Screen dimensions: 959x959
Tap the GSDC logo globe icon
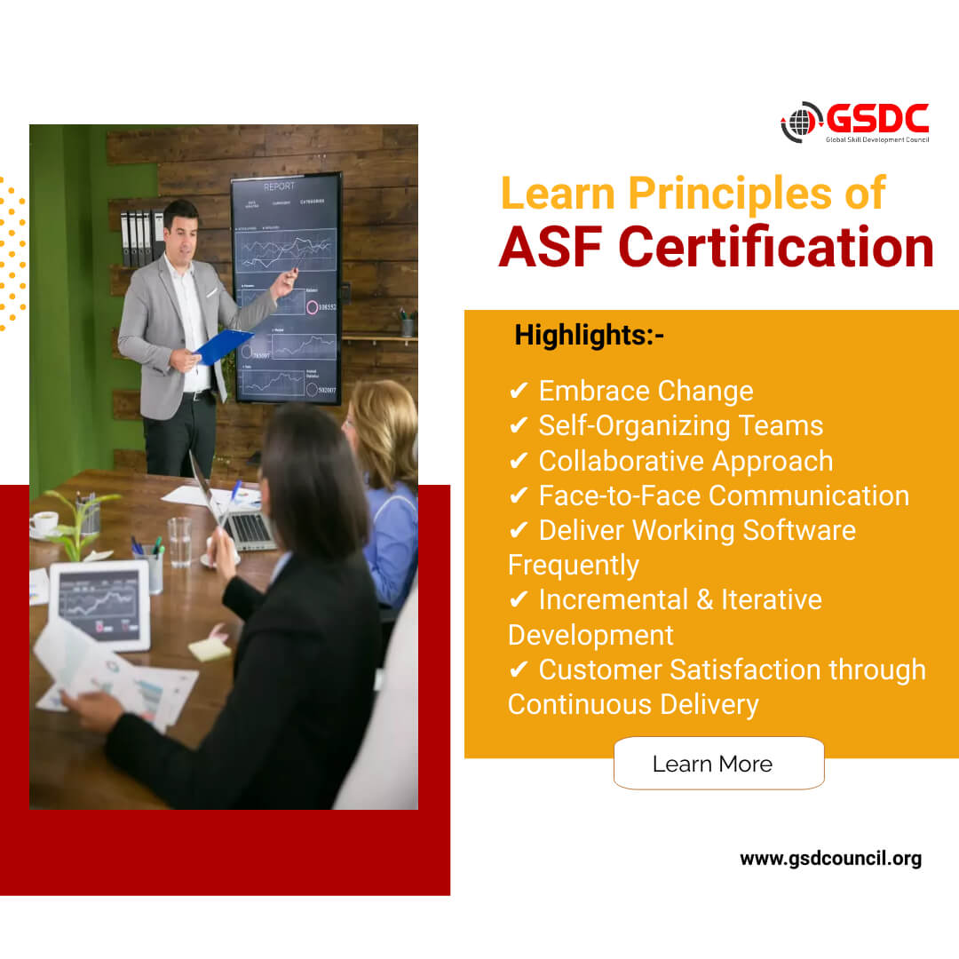[802, 123]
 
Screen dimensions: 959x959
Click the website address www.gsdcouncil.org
[830, 859]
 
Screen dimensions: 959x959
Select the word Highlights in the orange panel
[582, 336]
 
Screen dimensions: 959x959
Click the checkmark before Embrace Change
[519, 391]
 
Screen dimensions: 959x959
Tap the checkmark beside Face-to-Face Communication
[519, 495]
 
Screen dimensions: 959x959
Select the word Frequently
[574, 565]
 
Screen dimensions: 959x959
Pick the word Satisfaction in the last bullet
[758, 670]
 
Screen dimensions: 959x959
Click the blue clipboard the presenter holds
[223, 345]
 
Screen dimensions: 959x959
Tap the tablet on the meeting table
[99, 605]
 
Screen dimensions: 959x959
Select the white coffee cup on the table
[44, 524]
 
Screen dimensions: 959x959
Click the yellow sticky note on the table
[210, 648]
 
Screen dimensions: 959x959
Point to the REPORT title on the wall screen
[279, 187]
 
